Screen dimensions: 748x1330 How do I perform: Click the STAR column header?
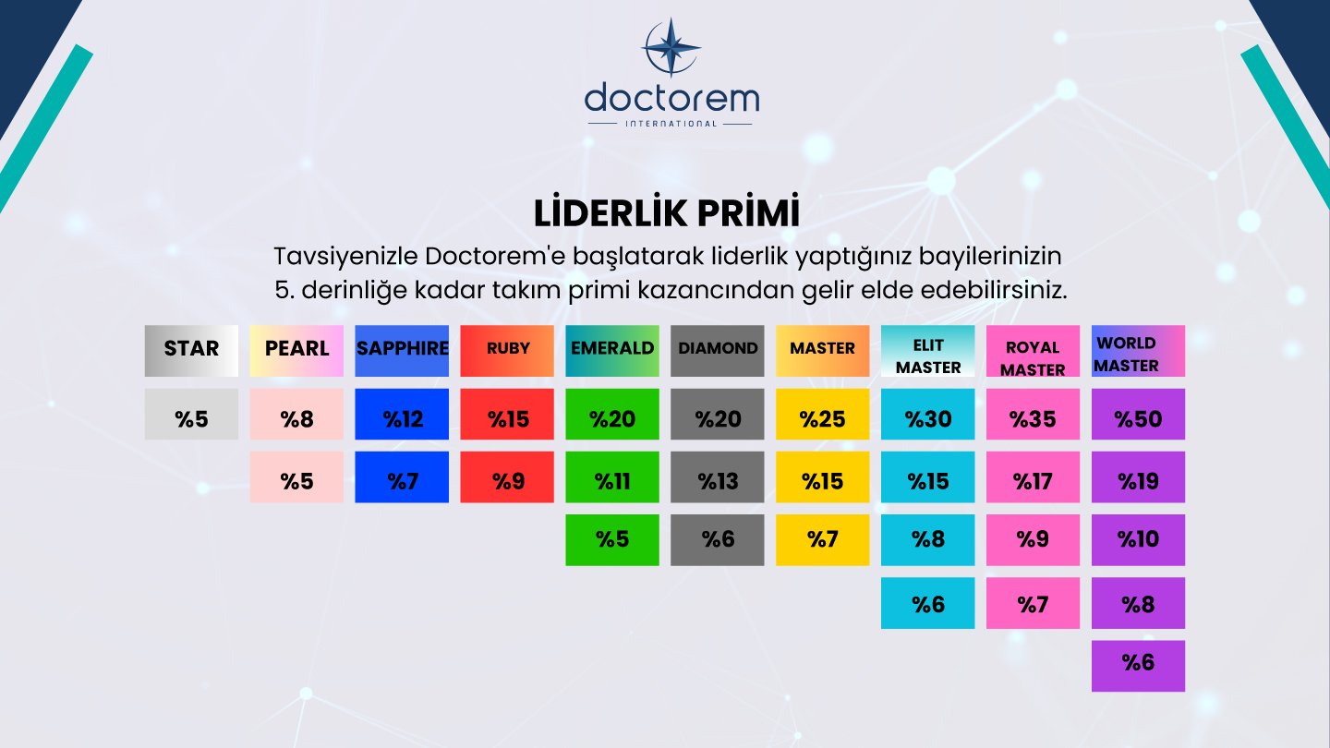pos(191,350)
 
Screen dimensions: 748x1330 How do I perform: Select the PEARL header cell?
pos(296,350)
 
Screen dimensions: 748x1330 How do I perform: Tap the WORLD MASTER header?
pos(1138,352)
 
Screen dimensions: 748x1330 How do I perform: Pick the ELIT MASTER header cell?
pos(927,352)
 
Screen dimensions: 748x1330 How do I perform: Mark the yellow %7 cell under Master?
pos(822,540)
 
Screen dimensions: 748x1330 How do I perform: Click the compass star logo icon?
pos(671,47)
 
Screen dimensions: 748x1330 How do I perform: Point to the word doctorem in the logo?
pos(671,98)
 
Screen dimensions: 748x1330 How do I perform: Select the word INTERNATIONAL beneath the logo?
pos(671,123)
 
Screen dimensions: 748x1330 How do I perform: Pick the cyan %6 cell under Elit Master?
pos(927,603)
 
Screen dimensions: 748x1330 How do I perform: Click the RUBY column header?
pos(507,350)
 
